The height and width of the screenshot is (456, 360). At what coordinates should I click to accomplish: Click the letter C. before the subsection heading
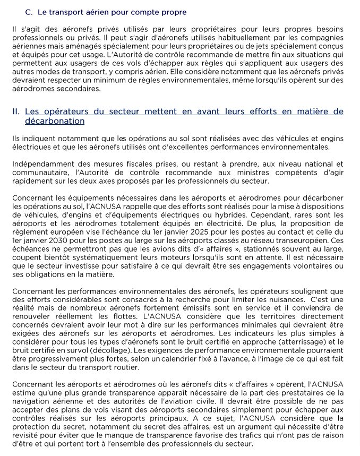click(x=29, y=12)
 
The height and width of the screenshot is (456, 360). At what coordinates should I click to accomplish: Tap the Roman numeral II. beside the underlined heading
click(x=16, y=111)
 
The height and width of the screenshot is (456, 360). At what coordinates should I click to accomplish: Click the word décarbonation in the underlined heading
click(x=55, y=121)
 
